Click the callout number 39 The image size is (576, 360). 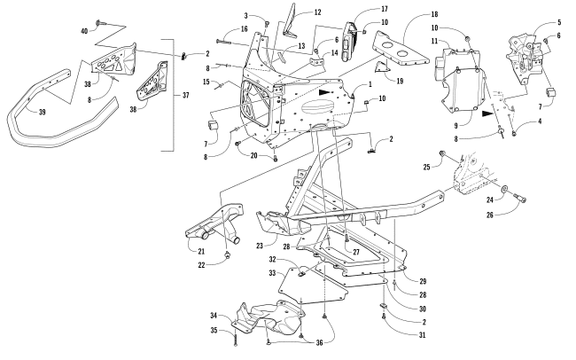pyautogui.click(x=42, y=112)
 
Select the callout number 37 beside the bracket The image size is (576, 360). pyautogui.click(x=185, y=95)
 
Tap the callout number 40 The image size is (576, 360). pyautogui.click(x=84, y=31)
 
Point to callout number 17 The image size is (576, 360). pyautogui.click(x=385, y=9)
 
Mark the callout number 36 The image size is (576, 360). pyautogui.click(x=319, y=343)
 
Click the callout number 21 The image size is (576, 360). pyautogui.click(x=201, y=252)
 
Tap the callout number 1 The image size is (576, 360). pyautogui.click(x=370, y=84)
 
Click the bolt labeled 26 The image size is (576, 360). pyautogui.click(x=518, y=198)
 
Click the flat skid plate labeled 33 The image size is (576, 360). pyautogui.click(x=312, y=285)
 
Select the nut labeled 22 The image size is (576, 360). pyautogui.click(x=228, y=254)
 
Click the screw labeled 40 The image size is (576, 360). pyautogui.click(x=100, y=23)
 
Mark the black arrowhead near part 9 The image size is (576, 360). pyautogui.click(x=488, y=113)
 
